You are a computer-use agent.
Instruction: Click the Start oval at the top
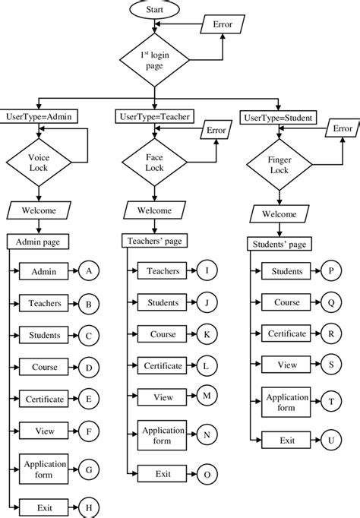click(x=154, y=11)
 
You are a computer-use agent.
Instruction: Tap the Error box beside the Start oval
click(x=224, y=24)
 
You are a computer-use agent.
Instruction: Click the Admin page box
click(x=38, y=242)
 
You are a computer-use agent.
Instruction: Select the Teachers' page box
click(x=155, y=240)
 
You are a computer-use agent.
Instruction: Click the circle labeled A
click(x=89, y=270)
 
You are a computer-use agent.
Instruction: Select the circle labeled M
click(x=206, y=396)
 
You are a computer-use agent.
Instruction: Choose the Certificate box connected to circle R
click(x=287, y=333)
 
